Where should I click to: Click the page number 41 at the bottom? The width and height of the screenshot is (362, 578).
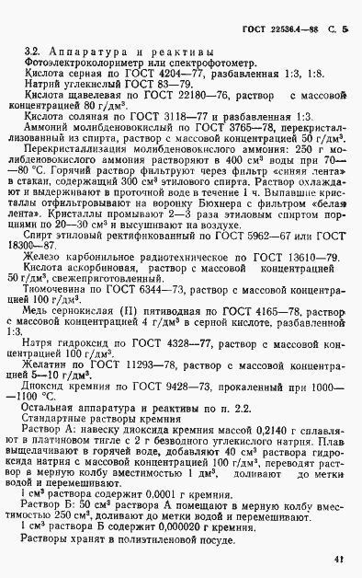(339, 557)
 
